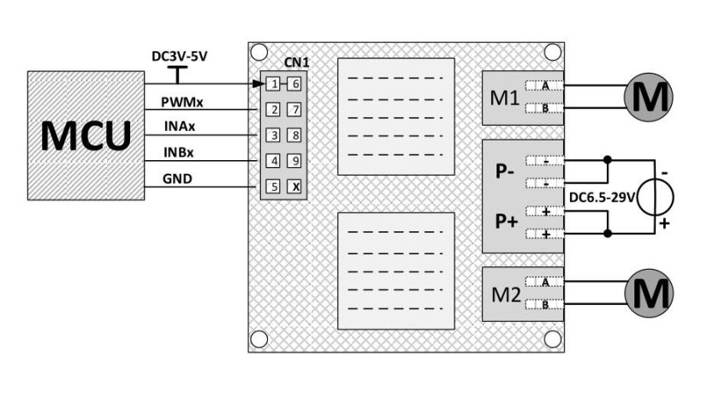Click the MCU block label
click(86, 135)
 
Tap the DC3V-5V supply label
click(179, 57)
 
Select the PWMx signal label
click(187, 103)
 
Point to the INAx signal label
click(182, 128)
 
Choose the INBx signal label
click(182, 153)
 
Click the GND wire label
click(178, 178)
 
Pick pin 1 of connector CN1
click(272, 84)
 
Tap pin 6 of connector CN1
click(295, 84)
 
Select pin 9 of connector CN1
click(295, 160)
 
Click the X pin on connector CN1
click(295, 186)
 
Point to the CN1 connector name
click(296, 63)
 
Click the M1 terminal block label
click(504, 98)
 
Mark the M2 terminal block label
click(504, 294)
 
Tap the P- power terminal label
click(505, 170)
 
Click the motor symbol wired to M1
click(647, 97)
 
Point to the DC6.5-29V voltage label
click(601, 197)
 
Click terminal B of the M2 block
click(544, 304)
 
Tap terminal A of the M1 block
click(544, 86)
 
